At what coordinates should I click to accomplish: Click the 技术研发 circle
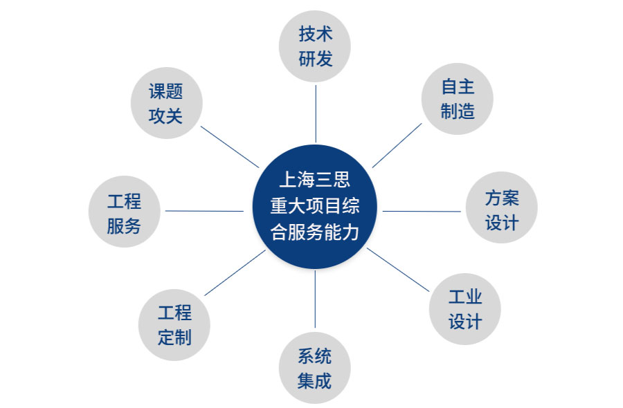pyautogui.click(x=315, y=46)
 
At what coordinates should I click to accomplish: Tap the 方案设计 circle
pyautogui.click(x=501, y=210)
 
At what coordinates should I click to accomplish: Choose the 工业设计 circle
pyautogui.click(x=464, y=309)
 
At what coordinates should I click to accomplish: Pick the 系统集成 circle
pyautogui.click(x=314, y=369)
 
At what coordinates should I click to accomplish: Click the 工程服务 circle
pyautogui.click(x=125, y=213)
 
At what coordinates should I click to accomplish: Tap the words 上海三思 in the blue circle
pyautogui.click(x=314, y=180)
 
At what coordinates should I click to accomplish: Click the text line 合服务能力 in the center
pyautogui.click(x=314, y=232)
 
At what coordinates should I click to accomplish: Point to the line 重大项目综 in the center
pyautogui.click(x=314, y=206)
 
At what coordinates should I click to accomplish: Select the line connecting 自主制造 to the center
pyautogui.click(x=396, y=146)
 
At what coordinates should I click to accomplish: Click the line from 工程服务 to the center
pyautogui.click(x=205, y=211)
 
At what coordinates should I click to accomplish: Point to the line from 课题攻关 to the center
pyautogui.click(x=230, y=147)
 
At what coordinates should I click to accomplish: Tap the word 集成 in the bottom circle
pyautogui.click(x=314, y=380)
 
